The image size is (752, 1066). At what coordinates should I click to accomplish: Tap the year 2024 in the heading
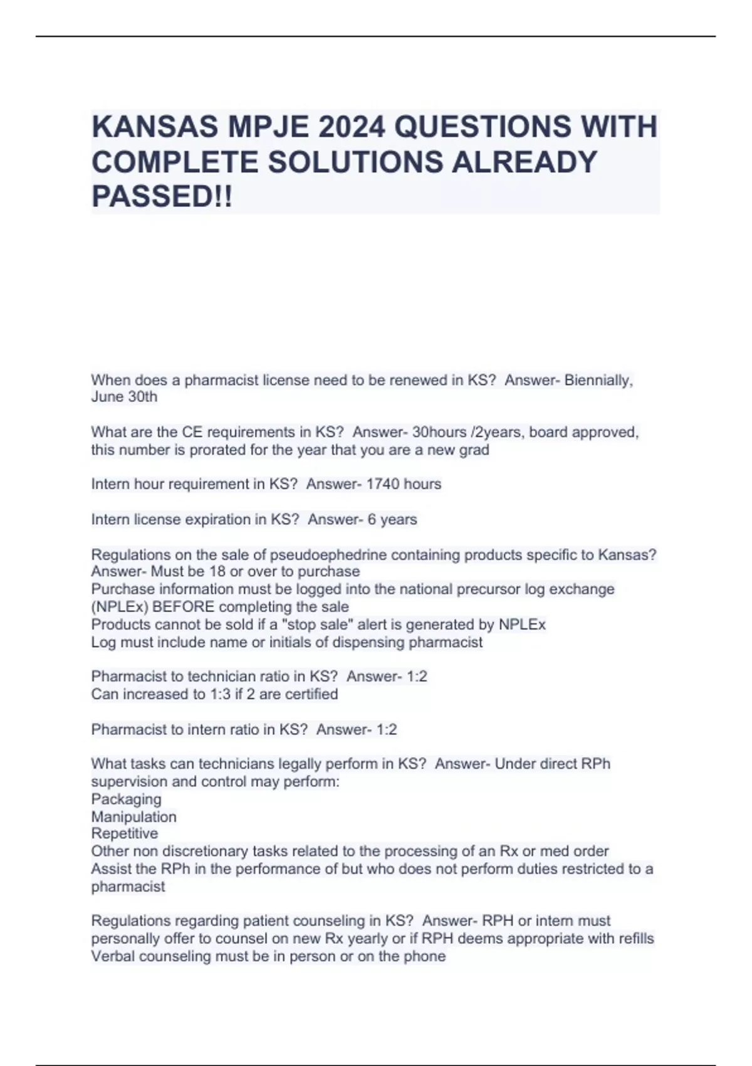[x=350, y=127]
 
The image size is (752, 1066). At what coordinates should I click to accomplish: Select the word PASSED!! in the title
[x=162, y=196]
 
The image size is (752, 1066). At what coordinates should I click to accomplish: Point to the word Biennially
[x=598, y=380]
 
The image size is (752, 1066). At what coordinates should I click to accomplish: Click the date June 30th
[x=124, y=397]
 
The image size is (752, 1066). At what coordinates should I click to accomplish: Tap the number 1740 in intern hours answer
[x=382, y=484]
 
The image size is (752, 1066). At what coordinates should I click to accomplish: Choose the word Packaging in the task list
[x=126, y=799]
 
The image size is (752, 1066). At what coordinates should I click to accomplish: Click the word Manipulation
[x=133, y=816]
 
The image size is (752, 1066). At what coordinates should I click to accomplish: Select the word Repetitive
[x=124, y=833]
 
